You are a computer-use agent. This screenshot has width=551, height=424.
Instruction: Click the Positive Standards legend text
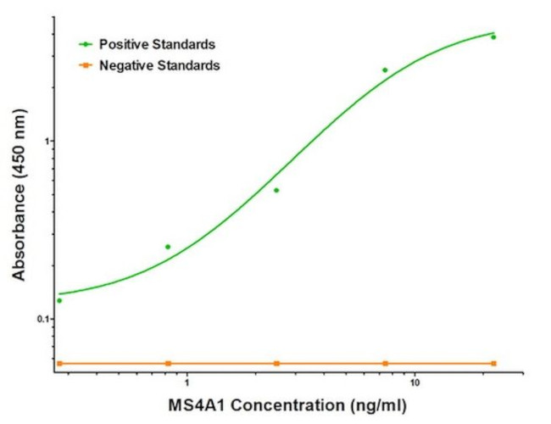(x=157, y=43)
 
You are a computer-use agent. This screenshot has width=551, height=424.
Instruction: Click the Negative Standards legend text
(x=159, y=64)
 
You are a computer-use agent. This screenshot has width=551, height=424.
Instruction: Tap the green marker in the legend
(x=86, y=43)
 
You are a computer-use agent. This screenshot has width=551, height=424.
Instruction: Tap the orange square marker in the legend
(x=86, y=64)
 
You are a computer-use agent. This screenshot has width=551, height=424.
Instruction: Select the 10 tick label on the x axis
(x=415, y=383)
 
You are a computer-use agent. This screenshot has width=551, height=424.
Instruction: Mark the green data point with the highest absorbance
(x=493, y=37)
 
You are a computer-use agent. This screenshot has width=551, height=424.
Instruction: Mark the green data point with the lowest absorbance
(x=59, y=300)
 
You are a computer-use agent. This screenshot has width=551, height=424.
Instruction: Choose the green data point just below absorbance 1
(x=276, y=190)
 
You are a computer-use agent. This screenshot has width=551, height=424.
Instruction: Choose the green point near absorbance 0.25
(x=168, y=247)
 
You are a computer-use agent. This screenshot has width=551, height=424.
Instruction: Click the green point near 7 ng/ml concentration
(x=385, y=70)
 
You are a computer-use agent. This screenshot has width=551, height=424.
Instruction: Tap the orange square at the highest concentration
(x=493, y=363)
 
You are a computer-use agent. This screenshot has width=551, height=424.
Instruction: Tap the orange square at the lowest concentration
(x=59, y=363)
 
